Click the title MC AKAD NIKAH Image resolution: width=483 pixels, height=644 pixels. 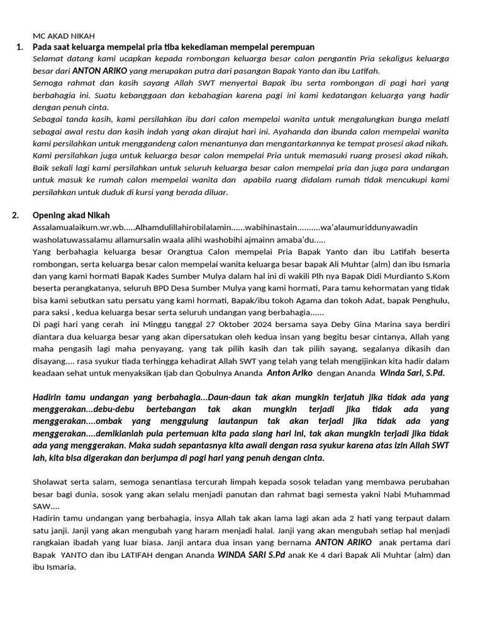(64, 36)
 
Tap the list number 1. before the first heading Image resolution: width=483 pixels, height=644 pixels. (19, 47)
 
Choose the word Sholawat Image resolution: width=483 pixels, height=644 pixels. (51, 482)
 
